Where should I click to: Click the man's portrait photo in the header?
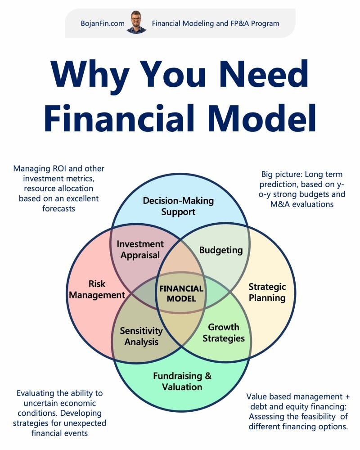point(137,22)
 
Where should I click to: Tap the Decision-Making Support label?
point(178,206)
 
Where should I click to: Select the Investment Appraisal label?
point(140,249)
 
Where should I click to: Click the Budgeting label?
point(221,250)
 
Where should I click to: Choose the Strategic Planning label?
point(267,292)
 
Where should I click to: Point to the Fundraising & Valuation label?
point(182,381)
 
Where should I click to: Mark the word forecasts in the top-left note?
point(59,208)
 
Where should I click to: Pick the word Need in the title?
point(264,75)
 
